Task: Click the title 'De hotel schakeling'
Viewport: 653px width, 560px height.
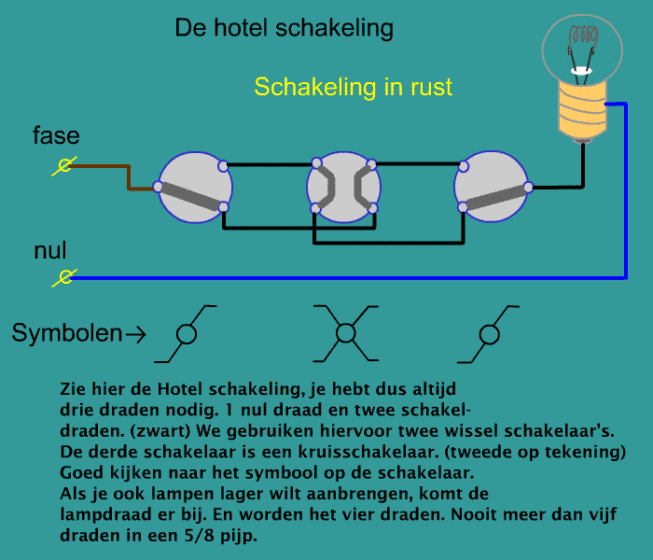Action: click(x=284, y=28)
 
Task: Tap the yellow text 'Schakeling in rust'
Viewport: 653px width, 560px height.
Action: click(x=354, y=87)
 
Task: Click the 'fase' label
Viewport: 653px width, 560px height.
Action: click(x=56, y=135)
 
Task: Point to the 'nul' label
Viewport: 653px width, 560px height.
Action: click(x=50, y=250)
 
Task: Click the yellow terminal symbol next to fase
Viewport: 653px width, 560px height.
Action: click(x=64, y=166)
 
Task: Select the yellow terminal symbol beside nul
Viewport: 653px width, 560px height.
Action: click(x=64, y=277)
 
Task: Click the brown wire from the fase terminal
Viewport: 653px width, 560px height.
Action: click(x=129, y=177)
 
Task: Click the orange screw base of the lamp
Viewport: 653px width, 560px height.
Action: click(x=582, y=109)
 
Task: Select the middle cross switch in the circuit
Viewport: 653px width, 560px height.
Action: click(x=343, y=187)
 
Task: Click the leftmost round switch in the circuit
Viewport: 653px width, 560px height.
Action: click(x=194, y=187)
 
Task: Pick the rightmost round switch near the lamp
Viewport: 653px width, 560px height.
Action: click(x=492, y=187)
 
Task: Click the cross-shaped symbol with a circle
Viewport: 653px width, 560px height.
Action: click(x=346, y=333)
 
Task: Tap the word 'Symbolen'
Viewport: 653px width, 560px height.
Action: click(x=66, y=333)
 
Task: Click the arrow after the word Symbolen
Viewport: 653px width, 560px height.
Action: click(x=136, y=334)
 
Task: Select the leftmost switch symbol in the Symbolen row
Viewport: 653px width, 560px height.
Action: click(x=186, y=334)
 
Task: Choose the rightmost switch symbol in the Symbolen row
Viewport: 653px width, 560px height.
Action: click(x=489, y=334)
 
